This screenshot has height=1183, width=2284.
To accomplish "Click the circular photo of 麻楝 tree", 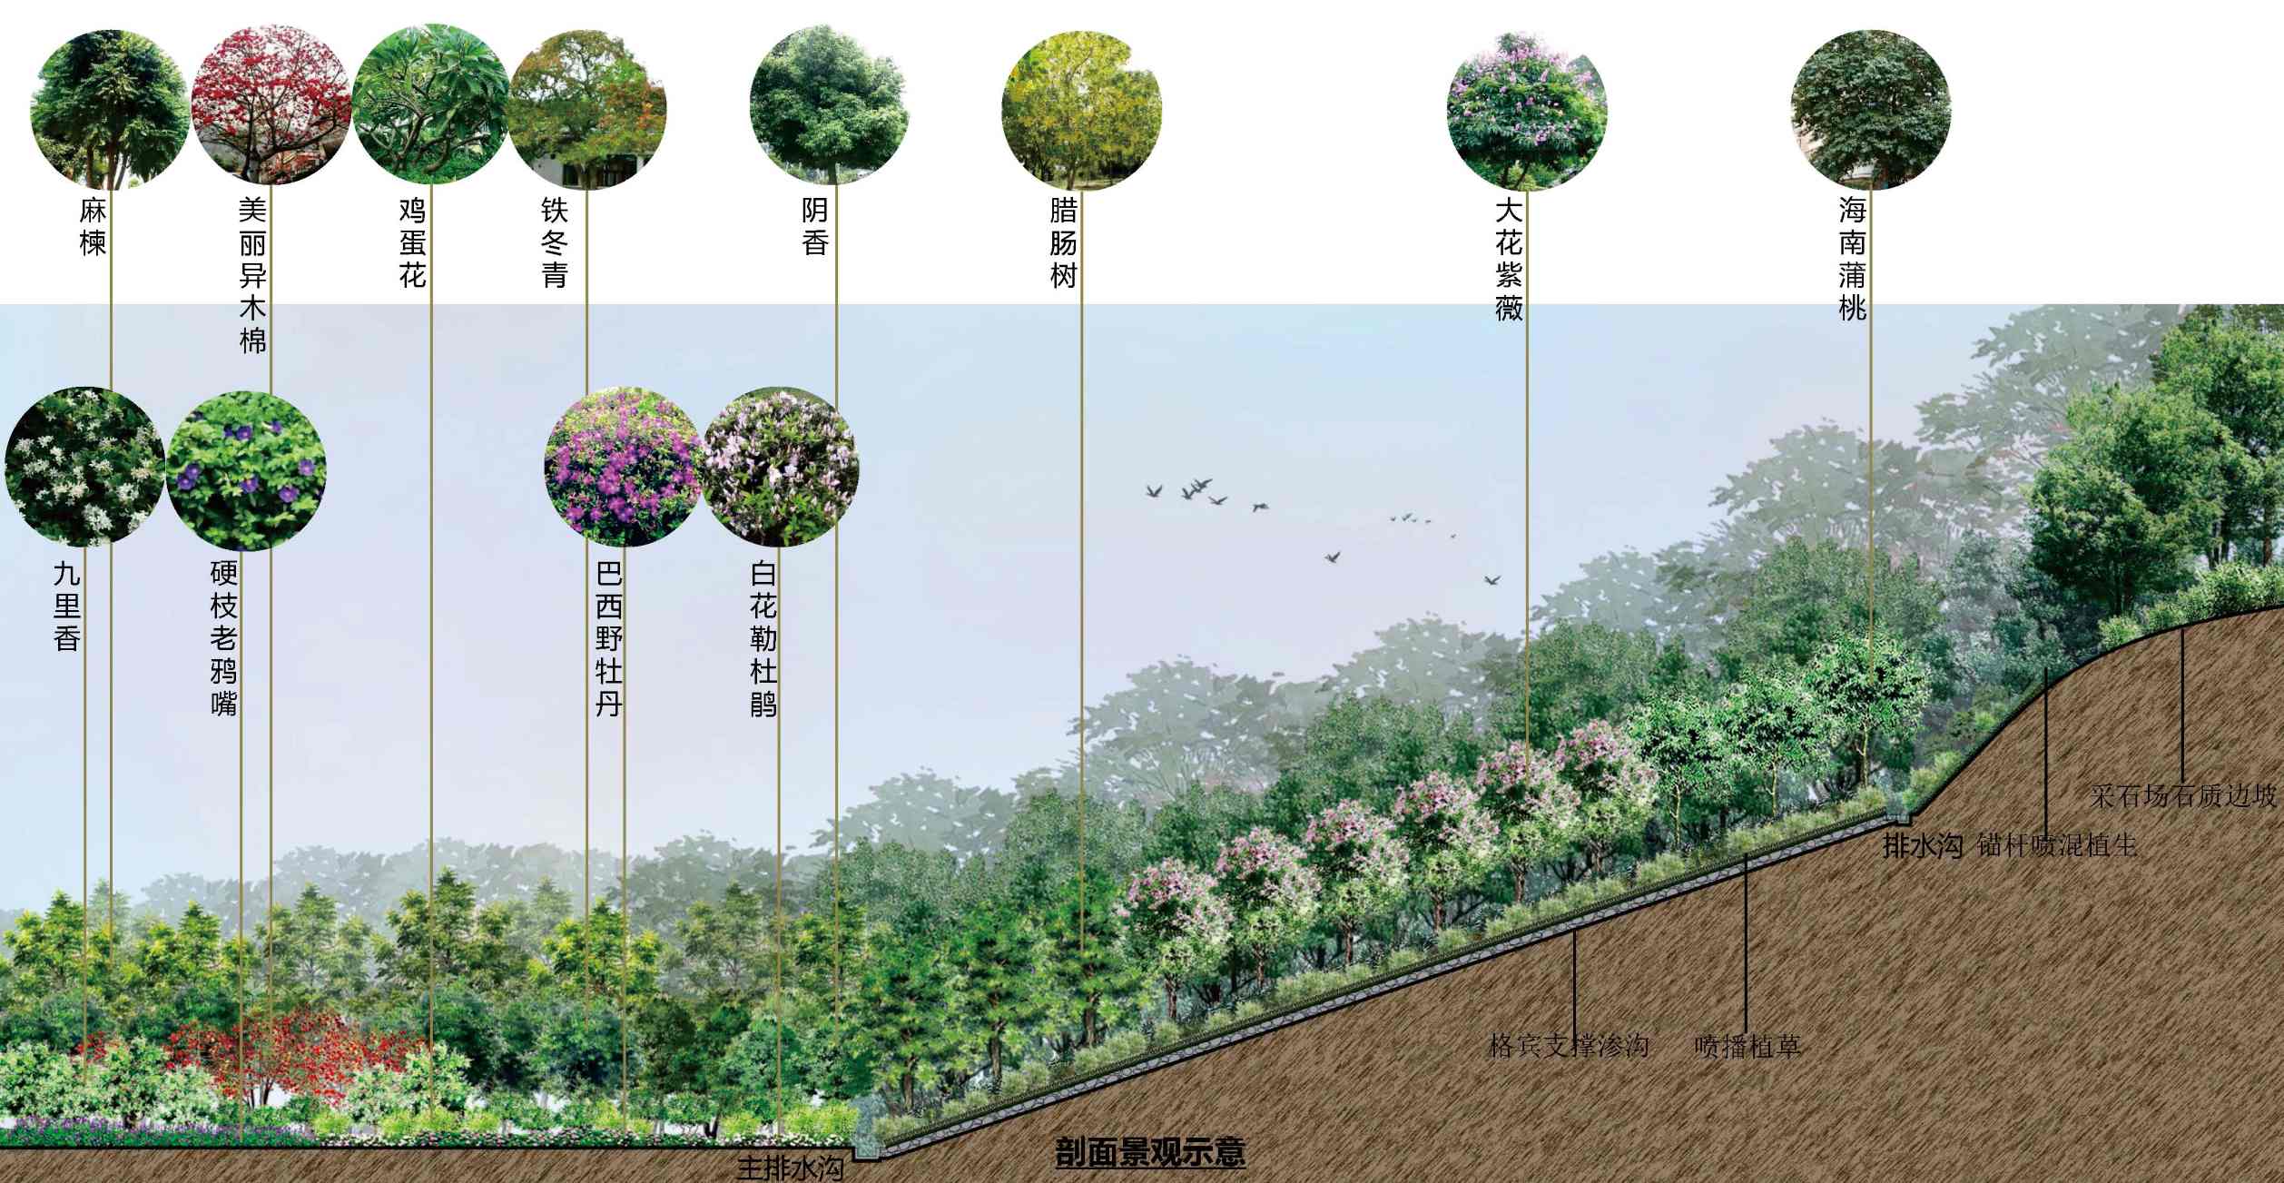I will point(109,109).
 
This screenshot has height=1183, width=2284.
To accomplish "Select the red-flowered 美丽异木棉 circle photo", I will point(271,104).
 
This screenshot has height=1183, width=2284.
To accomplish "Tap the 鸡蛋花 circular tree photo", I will point(430,104).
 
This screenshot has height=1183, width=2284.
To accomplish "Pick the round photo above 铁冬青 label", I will point(586,109).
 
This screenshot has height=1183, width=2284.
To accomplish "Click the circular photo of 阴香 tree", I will point(829,104).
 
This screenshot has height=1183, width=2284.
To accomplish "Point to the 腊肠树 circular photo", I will point(1081,110).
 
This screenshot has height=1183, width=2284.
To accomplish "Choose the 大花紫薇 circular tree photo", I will point(1526,110).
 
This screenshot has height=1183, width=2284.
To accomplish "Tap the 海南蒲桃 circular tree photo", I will point(1870,109).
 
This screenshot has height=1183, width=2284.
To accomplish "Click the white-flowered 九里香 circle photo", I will point(84,467).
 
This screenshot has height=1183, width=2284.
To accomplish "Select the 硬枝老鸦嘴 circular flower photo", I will point(246,470).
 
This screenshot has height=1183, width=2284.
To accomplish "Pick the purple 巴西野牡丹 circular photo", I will point(624,467).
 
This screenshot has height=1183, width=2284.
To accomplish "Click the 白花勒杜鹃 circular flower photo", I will point(780,467).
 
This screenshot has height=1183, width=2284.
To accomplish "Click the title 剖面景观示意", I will point(1149,1152).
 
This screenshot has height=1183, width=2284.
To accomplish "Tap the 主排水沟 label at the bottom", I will point(790,1168).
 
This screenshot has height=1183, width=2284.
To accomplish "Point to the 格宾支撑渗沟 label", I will point(1569,1045).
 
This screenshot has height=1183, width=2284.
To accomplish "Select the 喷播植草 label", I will point(1747,1046).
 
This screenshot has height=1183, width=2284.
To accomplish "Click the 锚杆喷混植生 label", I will point(2056,845).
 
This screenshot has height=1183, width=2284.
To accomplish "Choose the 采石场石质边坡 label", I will point(2182,796).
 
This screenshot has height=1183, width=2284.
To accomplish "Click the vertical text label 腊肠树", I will point(1063,242).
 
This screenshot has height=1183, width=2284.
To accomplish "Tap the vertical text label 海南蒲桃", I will point(1852,259).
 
